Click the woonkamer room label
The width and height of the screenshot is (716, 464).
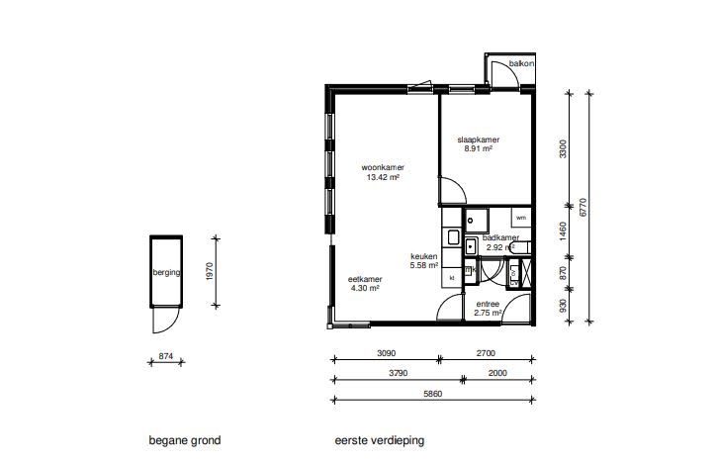pyautogui.click(x=383, y=167)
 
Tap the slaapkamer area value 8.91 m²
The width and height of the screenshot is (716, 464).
pyautogui.click(x=478, y=148)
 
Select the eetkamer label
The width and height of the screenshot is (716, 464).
pyautogui.click(x=365, y=279)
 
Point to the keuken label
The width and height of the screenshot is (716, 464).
pyautogui.click(x=423, y=256)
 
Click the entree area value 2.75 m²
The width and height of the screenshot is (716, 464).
pyautogui.click(x=488, y=313)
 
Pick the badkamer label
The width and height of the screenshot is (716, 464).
pyautogui.click(x=500, y=238)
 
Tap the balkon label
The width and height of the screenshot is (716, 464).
pyautogui.click(x=521, y=63)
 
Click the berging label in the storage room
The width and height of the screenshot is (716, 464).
pyautogui.click(x=166, y=273)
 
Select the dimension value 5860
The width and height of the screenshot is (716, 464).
pyautogui.click(x=432, y=394)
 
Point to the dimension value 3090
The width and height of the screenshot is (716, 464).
pyautogui.click(x=386, y=353)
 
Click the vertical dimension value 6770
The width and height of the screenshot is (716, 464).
pyautogui.click(x=582, y=208)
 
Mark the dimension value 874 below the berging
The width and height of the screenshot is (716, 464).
pyautogui.click(x=166, y=356)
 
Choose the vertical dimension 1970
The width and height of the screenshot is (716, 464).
pyautogui.click(x=210, y=271)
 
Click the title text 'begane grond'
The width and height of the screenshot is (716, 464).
pyautogui.click(x=185, y=440)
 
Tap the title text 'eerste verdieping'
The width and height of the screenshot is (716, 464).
pyautogui.click(x=380, y=440)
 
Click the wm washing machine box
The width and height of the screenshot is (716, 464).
pyautogui.click(x=521, y=218)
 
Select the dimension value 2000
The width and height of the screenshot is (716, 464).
pyautogui.click(x=497, y=373)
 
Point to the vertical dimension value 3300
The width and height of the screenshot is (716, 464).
pyautogui.click(x=563, y=149)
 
